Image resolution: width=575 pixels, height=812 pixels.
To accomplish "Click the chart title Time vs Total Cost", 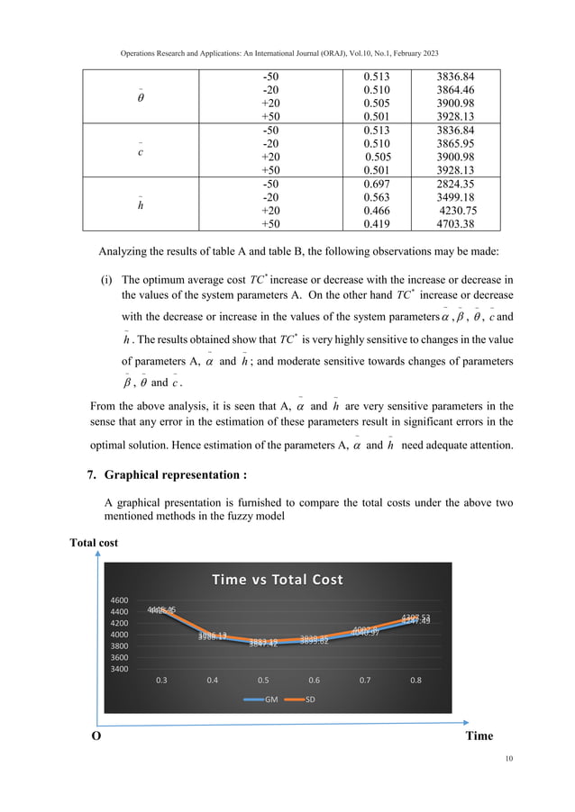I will (x=277, y=579).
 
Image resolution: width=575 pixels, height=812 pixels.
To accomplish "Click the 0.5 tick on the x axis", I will (x=263, y=681).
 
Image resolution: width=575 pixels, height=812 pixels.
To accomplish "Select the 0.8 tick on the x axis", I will (x=415, y=681).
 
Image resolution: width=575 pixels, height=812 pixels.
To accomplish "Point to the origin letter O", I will (x=92, y=735).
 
